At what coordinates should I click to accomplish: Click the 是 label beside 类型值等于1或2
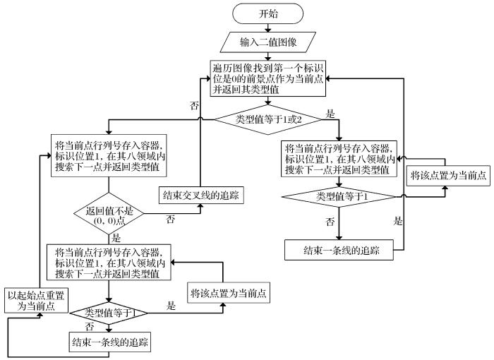329,112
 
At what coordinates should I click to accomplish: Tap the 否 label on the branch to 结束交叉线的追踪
170,220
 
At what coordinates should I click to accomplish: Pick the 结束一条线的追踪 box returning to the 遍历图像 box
338,250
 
